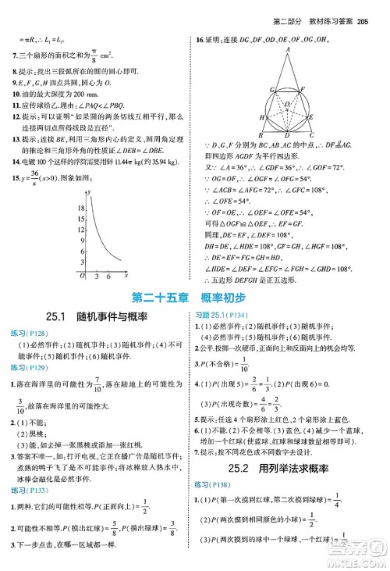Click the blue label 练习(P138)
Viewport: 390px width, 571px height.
[x=216, y=485]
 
